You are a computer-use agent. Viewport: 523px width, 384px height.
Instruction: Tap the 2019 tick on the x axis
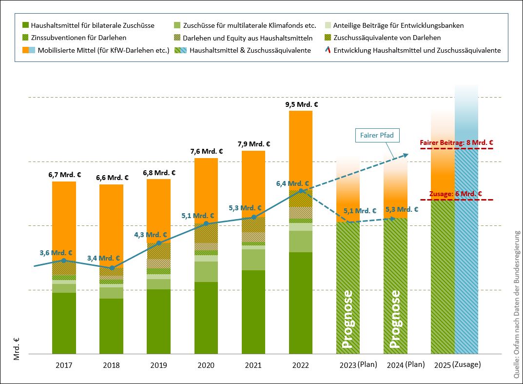[x=159, y=365]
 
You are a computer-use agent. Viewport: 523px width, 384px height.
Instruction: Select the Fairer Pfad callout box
[x=377, y=135]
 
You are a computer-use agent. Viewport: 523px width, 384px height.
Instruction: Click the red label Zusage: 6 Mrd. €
[x=456, y=194]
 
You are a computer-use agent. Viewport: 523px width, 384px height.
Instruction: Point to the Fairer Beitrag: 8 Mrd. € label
[x=456, y=143]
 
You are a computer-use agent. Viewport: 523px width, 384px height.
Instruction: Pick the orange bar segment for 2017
[x=64, y=220]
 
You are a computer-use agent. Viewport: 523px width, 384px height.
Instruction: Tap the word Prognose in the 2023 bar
[x=348, y=320]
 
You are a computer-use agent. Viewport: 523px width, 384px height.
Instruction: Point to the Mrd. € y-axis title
[x=17, y=348]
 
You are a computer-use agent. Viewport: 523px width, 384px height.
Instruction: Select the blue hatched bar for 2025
[x=466, y=254]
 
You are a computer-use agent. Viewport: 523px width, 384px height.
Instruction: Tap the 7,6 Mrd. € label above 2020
[x=206, y=151]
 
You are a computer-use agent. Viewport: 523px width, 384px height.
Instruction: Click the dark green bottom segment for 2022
[x=300, y=303]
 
